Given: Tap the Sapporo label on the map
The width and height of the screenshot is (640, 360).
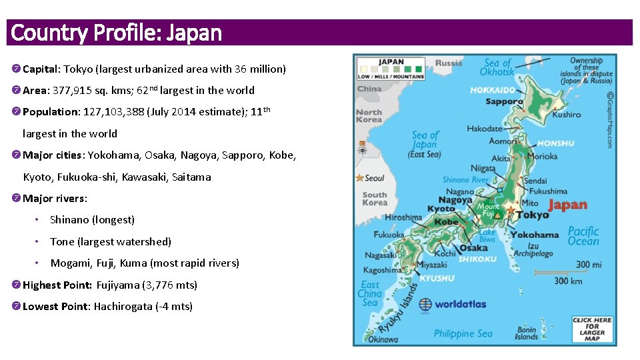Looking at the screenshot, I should [504, 102].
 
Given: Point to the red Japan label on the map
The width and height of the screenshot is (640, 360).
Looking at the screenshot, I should [567, 205].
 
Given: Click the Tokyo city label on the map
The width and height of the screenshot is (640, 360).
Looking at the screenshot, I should [533, 215].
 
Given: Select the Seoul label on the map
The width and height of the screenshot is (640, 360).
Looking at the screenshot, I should [375, 179].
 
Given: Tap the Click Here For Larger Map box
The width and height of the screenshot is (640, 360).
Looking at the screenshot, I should [592, 329].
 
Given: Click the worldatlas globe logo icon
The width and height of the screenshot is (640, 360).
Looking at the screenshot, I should [425, 305].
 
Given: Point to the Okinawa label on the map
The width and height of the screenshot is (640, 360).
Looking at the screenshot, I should [383, 339].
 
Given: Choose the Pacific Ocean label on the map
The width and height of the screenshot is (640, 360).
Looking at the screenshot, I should [583, 236].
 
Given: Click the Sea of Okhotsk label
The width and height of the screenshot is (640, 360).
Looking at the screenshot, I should [497, 67].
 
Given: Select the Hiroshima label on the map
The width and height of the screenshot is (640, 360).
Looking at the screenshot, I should [403, 217].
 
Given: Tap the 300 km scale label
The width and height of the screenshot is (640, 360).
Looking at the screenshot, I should [568, 281].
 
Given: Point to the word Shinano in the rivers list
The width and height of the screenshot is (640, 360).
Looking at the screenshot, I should [69, 220].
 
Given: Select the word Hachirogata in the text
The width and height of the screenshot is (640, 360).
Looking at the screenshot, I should [123, 307].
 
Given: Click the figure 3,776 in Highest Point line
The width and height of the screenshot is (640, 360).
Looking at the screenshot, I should [158, 285].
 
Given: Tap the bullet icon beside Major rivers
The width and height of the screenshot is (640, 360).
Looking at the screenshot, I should [16, 199].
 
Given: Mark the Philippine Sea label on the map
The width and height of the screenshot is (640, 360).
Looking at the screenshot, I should [463, 334].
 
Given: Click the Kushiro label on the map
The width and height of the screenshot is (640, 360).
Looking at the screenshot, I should [567, 115].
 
